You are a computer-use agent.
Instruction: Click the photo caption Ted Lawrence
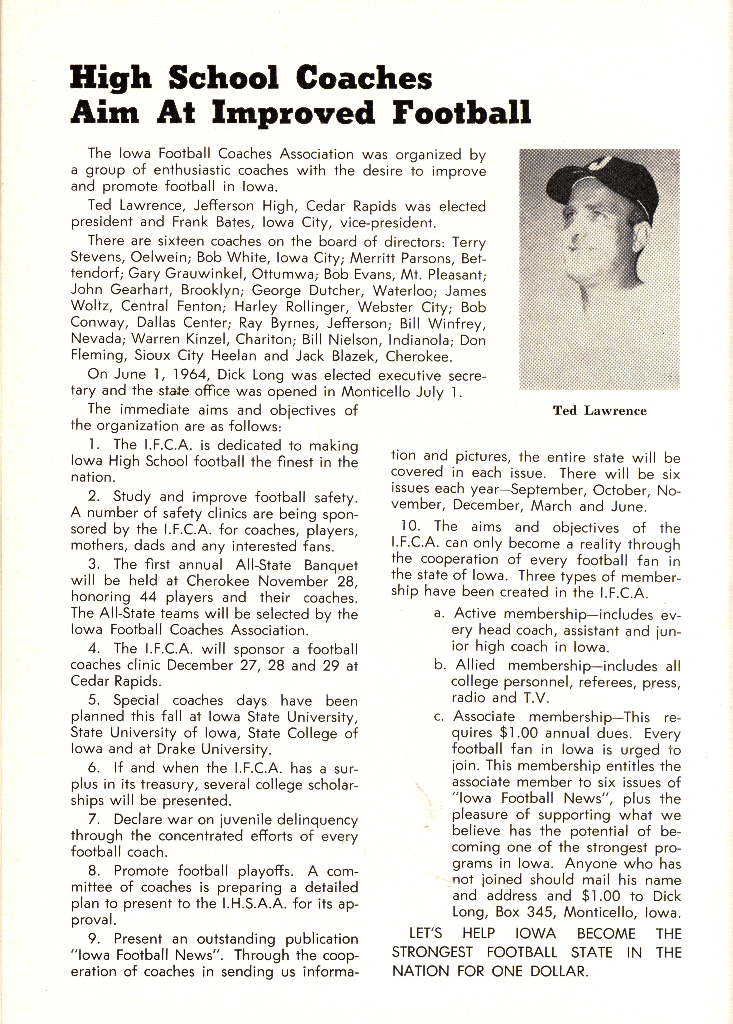click(600, 411)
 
